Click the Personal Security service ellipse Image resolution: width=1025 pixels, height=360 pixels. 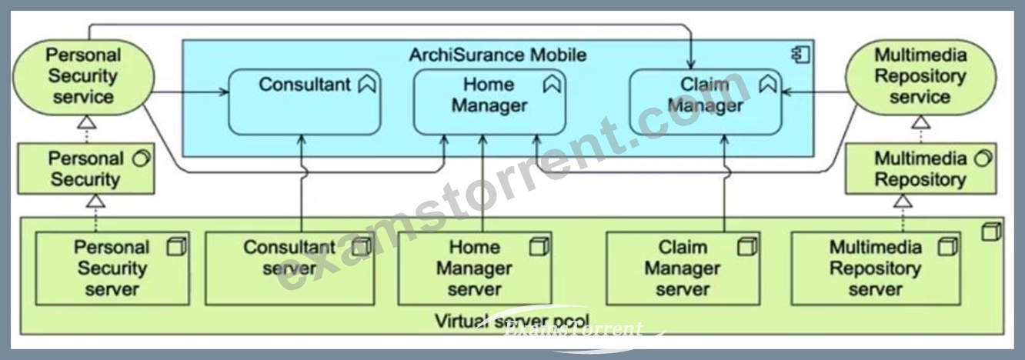point(83,77)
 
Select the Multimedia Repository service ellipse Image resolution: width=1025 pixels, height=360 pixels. point(920,77)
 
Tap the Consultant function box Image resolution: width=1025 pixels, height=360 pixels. point(304,102)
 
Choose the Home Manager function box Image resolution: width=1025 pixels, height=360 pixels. point(489,102)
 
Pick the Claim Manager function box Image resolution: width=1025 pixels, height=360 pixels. point(706,102)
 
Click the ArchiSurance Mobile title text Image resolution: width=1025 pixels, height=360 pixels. point(497,55)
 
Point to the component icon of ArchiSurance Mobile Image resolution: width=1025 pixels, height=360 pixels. point(800,55)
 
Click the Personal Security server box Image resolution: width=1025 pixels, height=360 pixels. point(112,268)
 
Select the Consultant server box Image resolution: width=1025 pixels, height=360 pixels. point(289,268)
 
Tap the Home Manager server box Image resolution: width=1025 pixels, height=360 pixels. point(475,268)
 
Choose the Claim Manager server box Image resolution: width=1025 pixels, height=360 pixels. point(683,268)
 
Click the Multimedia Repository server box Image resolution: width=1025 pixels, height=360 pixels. point(876,268)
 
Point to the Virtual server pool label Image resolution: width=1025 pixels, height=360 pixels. point(512,321)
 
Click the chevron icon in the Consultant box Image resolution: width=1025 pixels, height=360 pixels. point(367,84)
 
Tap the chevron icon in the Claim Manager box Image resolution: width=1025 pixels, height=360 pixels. point(768,84)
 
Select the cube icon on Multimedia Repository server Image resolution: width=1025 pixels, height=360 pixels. point(947,247)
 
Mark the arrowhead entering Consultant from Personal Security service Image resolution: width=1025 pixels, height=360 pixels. point(224,92)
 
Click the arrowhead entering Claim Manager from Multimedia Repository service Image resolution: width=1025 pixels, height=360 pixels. point(787,92)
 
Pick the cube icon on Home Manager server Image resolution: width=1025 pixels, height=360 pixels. point(539,247)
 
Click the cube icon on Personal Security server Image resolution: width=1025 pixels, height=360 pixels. point(177,247)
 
